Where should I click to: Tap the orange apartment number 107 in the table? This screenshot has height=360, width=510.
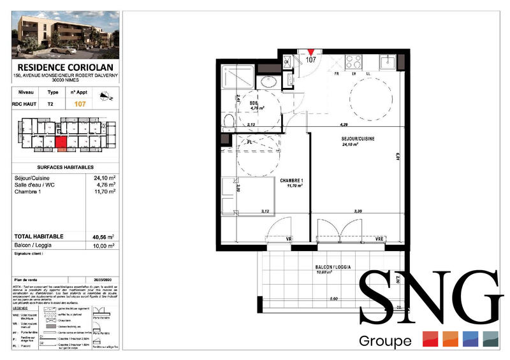click(x=81, y=104)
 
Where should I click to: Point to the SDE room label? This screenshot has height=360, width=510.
click(x=253, y=103)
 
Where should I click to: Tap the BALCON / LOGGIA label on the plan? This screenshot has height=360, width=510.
click(x=335, y=268)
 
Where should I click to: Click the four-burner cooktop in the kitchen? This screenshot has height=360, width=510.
click(x=353, y=62)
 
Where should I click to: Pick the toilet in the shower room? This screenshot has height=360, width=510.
click(x=266, y=82)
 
